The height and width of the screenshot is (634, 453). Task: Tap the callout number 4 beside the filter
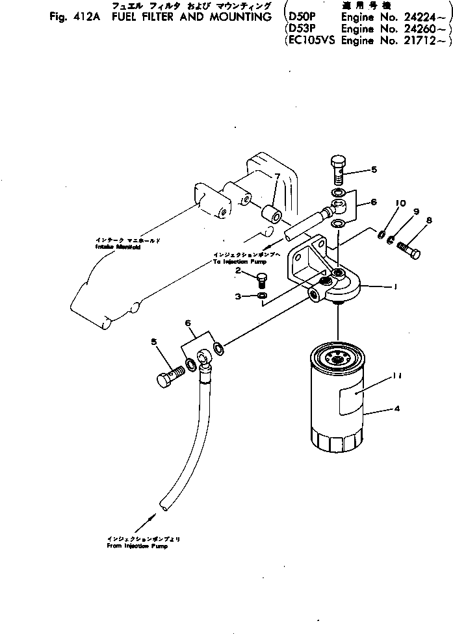point(396,409)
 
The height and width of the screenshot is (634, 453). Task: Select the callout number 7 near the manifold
point(276,177)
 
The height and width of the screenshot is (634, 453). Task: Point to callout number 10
point(400,203)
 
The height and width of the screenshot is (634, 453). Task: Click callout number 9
point(416,212)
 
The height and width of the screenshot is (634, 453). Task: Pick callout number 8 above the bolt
point(429,221)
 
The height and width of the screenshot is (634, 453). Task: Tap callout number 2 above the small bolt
point(239,270)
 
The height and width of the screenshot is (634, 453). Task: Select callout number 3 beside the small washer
point(239,296)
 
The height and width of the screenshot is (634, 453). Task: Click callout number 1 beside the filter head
point(396,286)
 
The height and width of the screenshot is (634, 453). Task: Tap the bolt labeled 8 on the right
point(409,249)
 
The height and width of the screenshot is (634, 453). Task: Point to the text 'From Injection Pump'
point(137,546)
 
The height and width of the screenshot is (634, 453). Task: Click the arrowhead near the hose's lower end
point(153,516)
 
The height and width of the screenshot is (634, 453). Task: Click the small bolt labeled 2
point(262,280)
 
